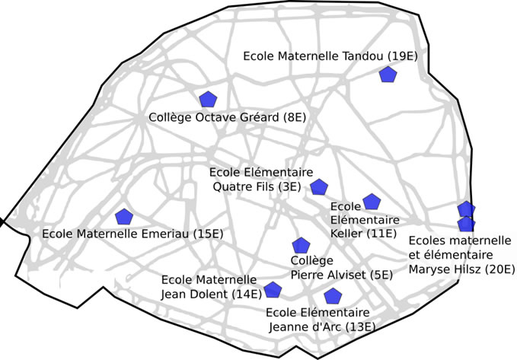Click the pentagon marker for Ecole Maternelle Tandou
point(388,75)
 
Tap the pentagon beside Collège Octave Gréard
point(208,100)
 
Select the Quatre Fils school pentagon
point(319,187)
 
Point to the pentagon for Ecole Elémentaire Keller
point(371,202)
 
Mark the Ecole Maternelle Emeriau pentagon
point(123,217)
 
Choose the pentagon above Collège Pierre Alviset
point(302,246)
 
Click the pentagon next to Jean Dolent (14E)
point(273,289)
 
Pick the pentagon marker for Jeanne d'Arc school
point(332,296)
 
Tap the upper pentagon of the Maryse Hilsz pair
point(466,209)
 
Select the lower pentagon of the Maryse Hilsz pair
point(466,223)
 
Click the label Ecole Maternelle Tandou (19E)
point(325,56)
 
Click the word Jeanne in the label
point(292,327)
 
